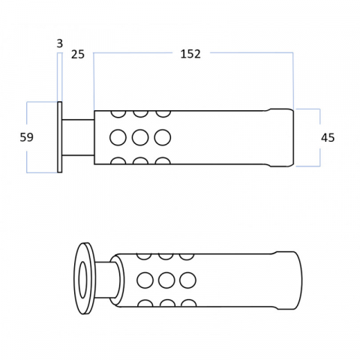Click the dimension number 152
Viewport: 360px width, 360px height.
point(190,54)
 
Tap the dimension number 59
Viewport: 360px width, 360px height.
point(26,137)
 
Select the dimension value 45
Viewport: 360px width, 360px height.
point(328,138)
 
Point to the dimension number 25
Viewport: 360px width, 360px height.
point(78,55)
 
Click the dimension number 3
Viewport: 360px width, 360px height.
point(60,43)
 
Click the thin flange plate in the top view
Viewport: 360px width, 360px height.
point(60,137)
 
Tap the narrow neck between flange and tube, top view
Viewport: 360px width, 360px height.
point(78,137)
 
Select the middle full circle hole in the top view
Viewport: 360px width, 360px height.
point(140,137)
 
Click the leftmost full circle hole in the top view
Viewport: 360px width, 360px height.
point(118,137)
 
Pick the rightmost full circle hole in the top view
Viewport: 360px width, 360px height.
point(163,137)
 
